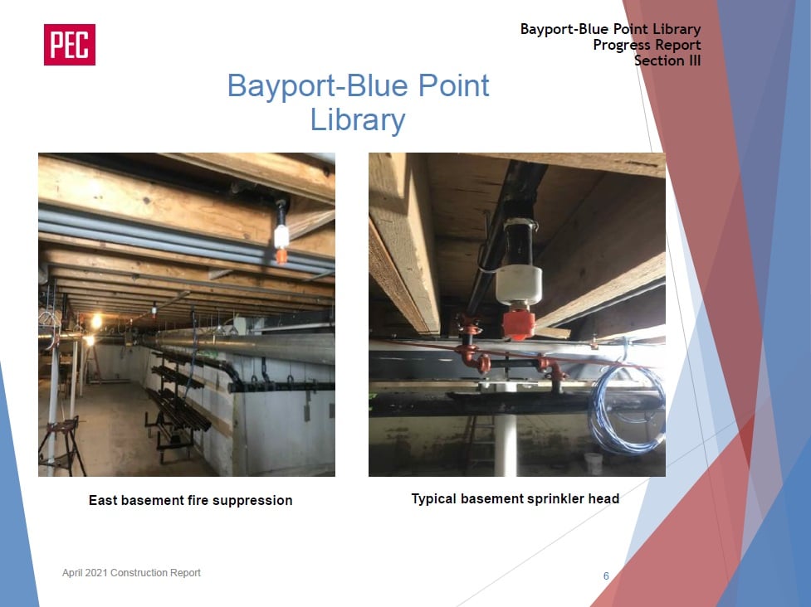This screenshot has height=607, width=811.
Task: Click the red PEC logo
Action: coord(69,45)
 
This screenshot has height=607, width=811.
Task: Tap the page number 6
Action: coord(606,576)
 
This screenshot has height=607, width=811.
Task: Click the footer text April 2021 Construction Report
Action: coord(131,573)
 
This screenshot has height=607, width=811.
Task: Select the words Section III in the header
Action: coord(667,61)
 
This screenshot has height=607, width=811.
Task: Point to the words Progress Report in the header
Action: coord(647,45)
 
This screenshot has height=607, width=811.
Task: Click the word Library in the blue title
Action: coord(358,120)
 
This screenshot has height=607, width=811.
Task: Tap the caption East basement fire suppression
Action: coord(190,500)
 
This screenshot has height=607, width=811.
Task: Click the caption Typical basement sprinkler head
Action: coord(515,498)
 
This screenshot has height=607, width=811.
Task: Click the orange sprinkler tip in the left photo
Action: coord(281,255)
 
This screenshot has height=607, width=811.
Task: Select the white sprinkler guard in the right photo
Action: coord(519,284)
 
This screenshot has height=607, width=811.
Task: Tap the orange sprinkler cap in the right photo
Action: coord(518,323)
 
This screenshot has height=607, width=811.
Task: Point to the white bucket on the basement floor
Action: coord(594,464)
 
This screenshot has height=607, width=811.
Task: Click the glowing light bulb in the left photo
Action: coord(96,321)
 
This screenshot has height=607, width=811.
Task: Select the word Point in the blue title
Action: coord(453,85)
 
